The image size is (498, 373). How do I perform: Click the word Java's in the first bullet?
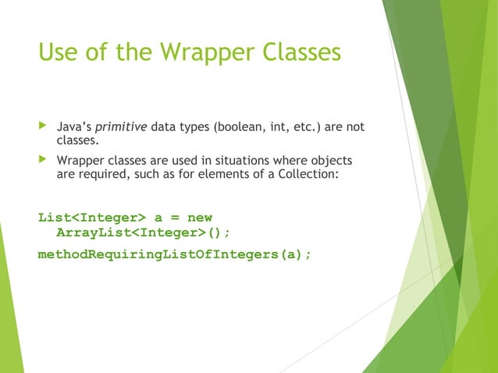pyautogui.click(x=74, y=127)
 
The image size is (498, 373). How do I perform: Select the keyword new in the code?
pyautogui.click(x=195, y=217)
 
